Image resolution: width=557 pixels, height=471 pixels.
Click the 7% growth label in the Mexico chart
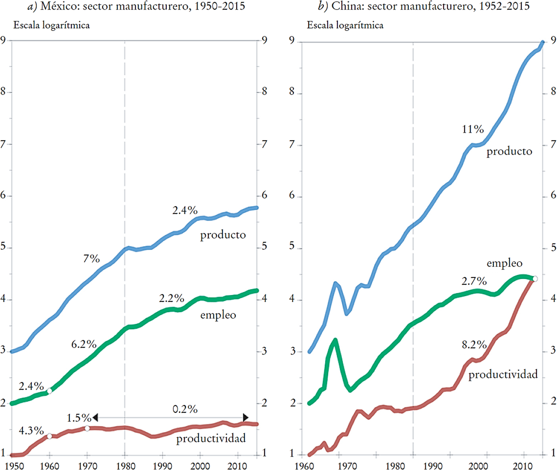pyautogui.click(x=91, y=259)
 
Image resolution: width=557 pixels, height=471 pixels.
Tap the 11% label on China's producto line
pyautogui.click(x=473, y=129)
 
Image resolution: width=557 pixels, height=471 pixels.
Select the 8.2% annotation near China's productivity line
pyautogui.click(x=474, y=345)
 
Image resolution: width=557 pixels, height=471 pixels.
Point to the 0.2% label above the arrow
pyautogui.click(x=185, y=409)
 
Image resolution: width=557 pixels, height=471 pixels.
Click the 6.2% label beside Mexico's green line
pyautogui.click(x=84, y=344)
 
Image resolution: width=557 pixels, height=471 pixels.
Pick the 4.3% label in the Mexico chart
pyautogui.click(x=31, y=431)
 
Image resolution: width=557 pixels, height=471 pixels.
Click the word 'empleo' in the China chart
pyautogui.click(x=504, y=263)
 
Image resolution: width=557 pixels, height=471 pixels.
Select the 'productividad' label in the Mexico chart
pyautogui.click(x=211, y=439)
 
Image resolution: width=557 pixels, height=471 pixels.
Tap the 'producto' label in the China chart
pyautogui.click(x=509, y=151)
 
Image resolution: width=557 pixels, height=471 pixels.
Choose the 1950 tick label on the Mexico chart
pyautogui.click(x=14, y=466)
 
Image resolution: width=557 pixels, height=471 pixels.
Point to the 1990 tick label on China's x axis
pyautogui.click(x=432, y=466)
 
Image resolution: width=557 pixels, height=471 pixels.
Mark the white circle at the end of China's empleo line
pyautogui.click(x=535, y=279)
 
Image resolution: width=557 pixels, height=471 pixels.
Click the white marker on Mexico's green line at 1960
pyautogui.click(x=49, y=391)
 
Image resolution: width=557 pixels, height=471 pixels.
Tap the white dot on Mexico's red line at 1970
pyautogui.click(x=87, y=428)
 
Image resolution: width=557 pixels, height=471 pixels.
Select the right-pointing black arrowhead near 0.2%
pyautogui.click(x=245, y=418)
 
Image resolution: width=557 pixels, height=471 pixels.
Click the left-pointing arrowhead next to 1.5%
pyautogui.click(x=95, y=418)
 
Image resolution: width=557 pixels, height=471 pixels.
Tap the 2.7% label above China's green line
pyautogui.click(x=474, y=281)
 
